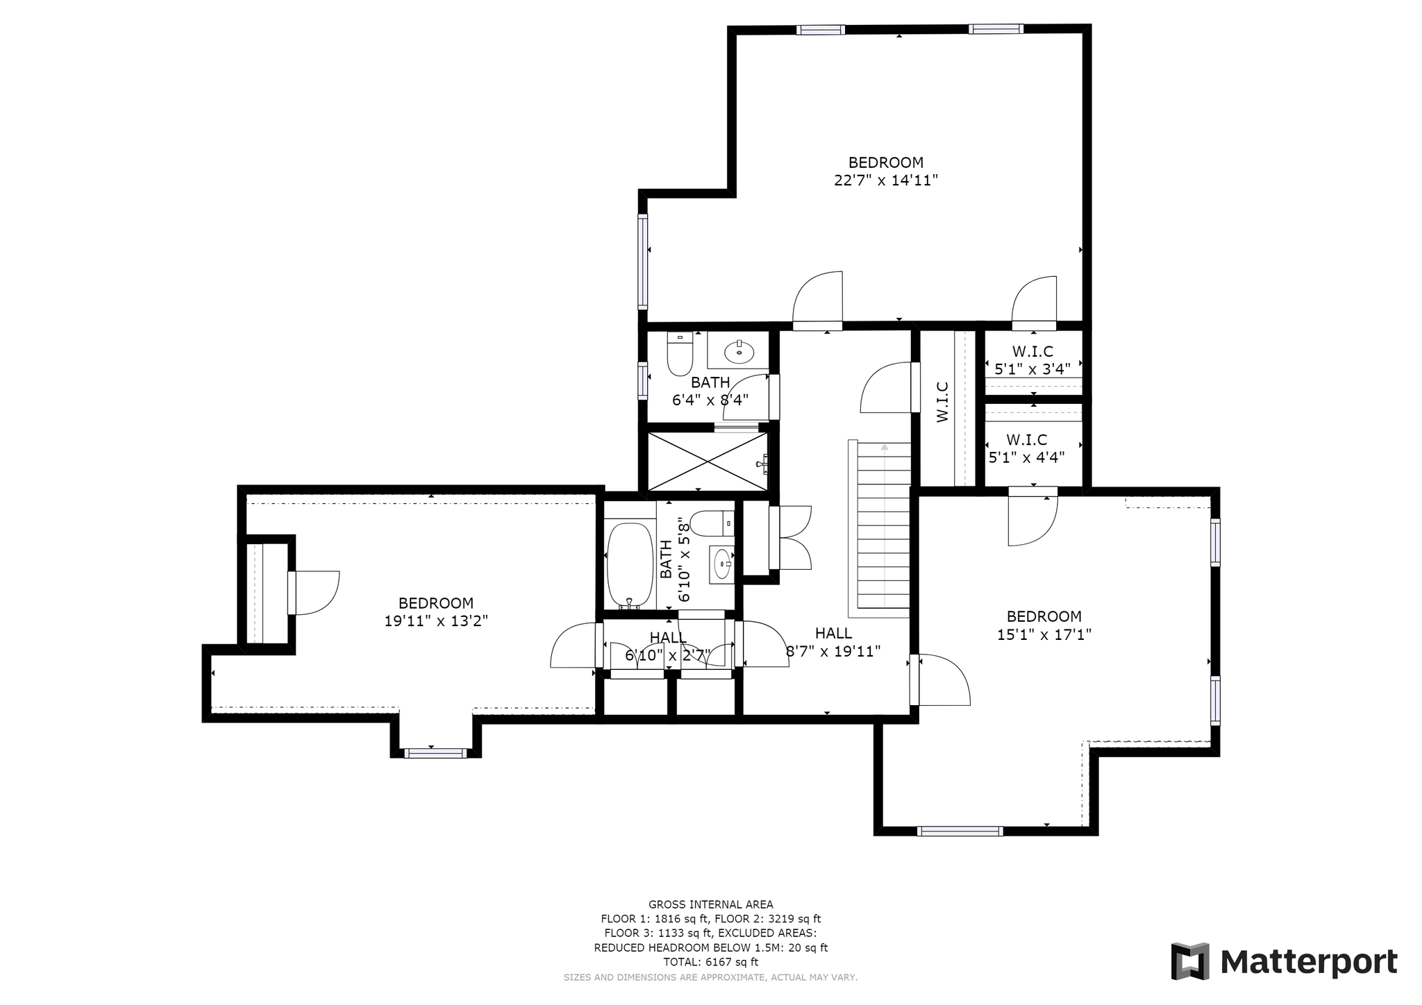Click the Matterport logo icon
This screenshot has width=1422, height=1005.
[1191, 962]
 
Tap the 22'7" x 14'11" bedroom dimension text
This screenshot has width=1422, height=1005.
[886, 180]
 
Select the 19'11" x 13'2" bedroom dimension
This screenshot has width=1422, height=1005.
[436, 621]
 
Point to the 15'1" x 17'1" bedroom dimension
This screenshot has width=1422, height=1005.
[1044, 634]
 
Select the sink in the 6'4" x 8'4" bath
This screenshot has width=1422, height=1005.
[739, 352]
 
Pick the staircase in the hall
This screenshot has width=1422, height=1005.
[879, 529]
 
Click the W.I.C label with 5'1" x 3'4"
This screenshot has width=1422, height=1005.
[1032, 352]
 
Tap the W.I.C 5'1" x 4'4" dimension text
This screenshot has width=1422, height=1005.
[1027, 457]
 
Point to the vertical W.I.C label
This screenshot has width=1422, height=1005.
[942, 402]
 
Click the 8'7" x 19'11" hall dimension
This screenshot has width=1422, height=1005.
[833, 651]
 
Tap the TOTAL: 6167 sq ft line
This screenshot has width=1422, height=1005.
[711, 962]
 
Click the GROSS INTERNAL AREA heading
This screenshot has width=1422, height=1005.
[711, 904]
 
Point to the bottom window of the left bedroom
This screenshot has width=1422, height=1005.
[435, 753]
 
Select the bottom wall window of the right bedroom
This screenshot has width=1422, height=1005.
[960, 831]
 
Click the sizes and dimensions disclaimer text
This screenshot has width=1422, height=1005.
[711, 977]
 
